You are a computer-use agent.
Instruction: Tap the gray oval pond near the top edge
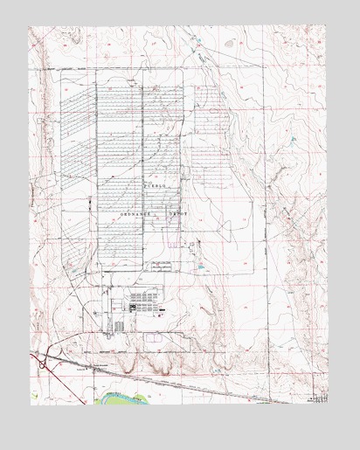pyautogui.click(x=229, y=41)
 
